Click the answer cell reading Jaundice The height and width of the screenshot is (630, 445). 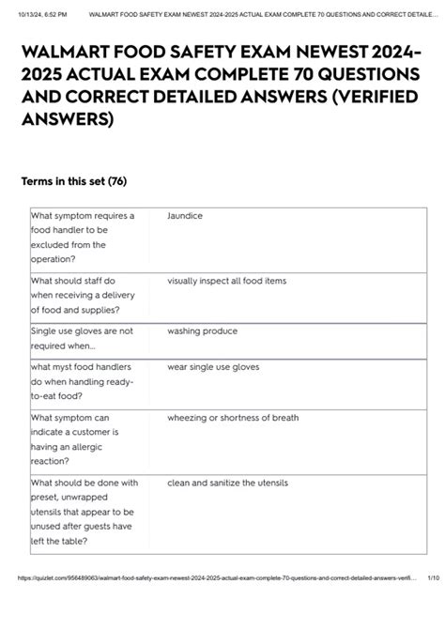click(185, 216)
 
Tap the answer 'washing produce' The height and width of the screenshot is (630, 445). click(202, 331)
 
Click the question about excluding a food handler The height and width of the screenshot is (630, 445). click(83, 238)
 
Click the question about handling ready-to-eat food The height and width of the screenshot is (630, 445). click(82, 382)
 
